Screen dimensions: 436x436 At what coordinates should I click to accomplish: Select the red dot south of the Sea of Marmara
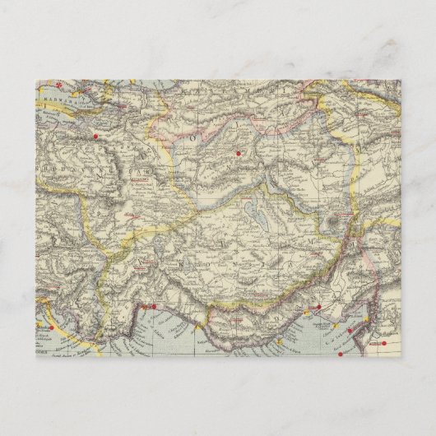pyautogui.click(x=96, y=135)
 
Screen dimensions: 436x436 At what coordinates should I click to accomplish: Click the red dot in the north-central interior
pyautogui.click(x=239, y=152)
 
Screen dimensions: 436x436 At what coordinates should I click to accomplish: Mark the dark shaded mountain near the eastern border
pyautogui.click(x=335, y=220)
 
